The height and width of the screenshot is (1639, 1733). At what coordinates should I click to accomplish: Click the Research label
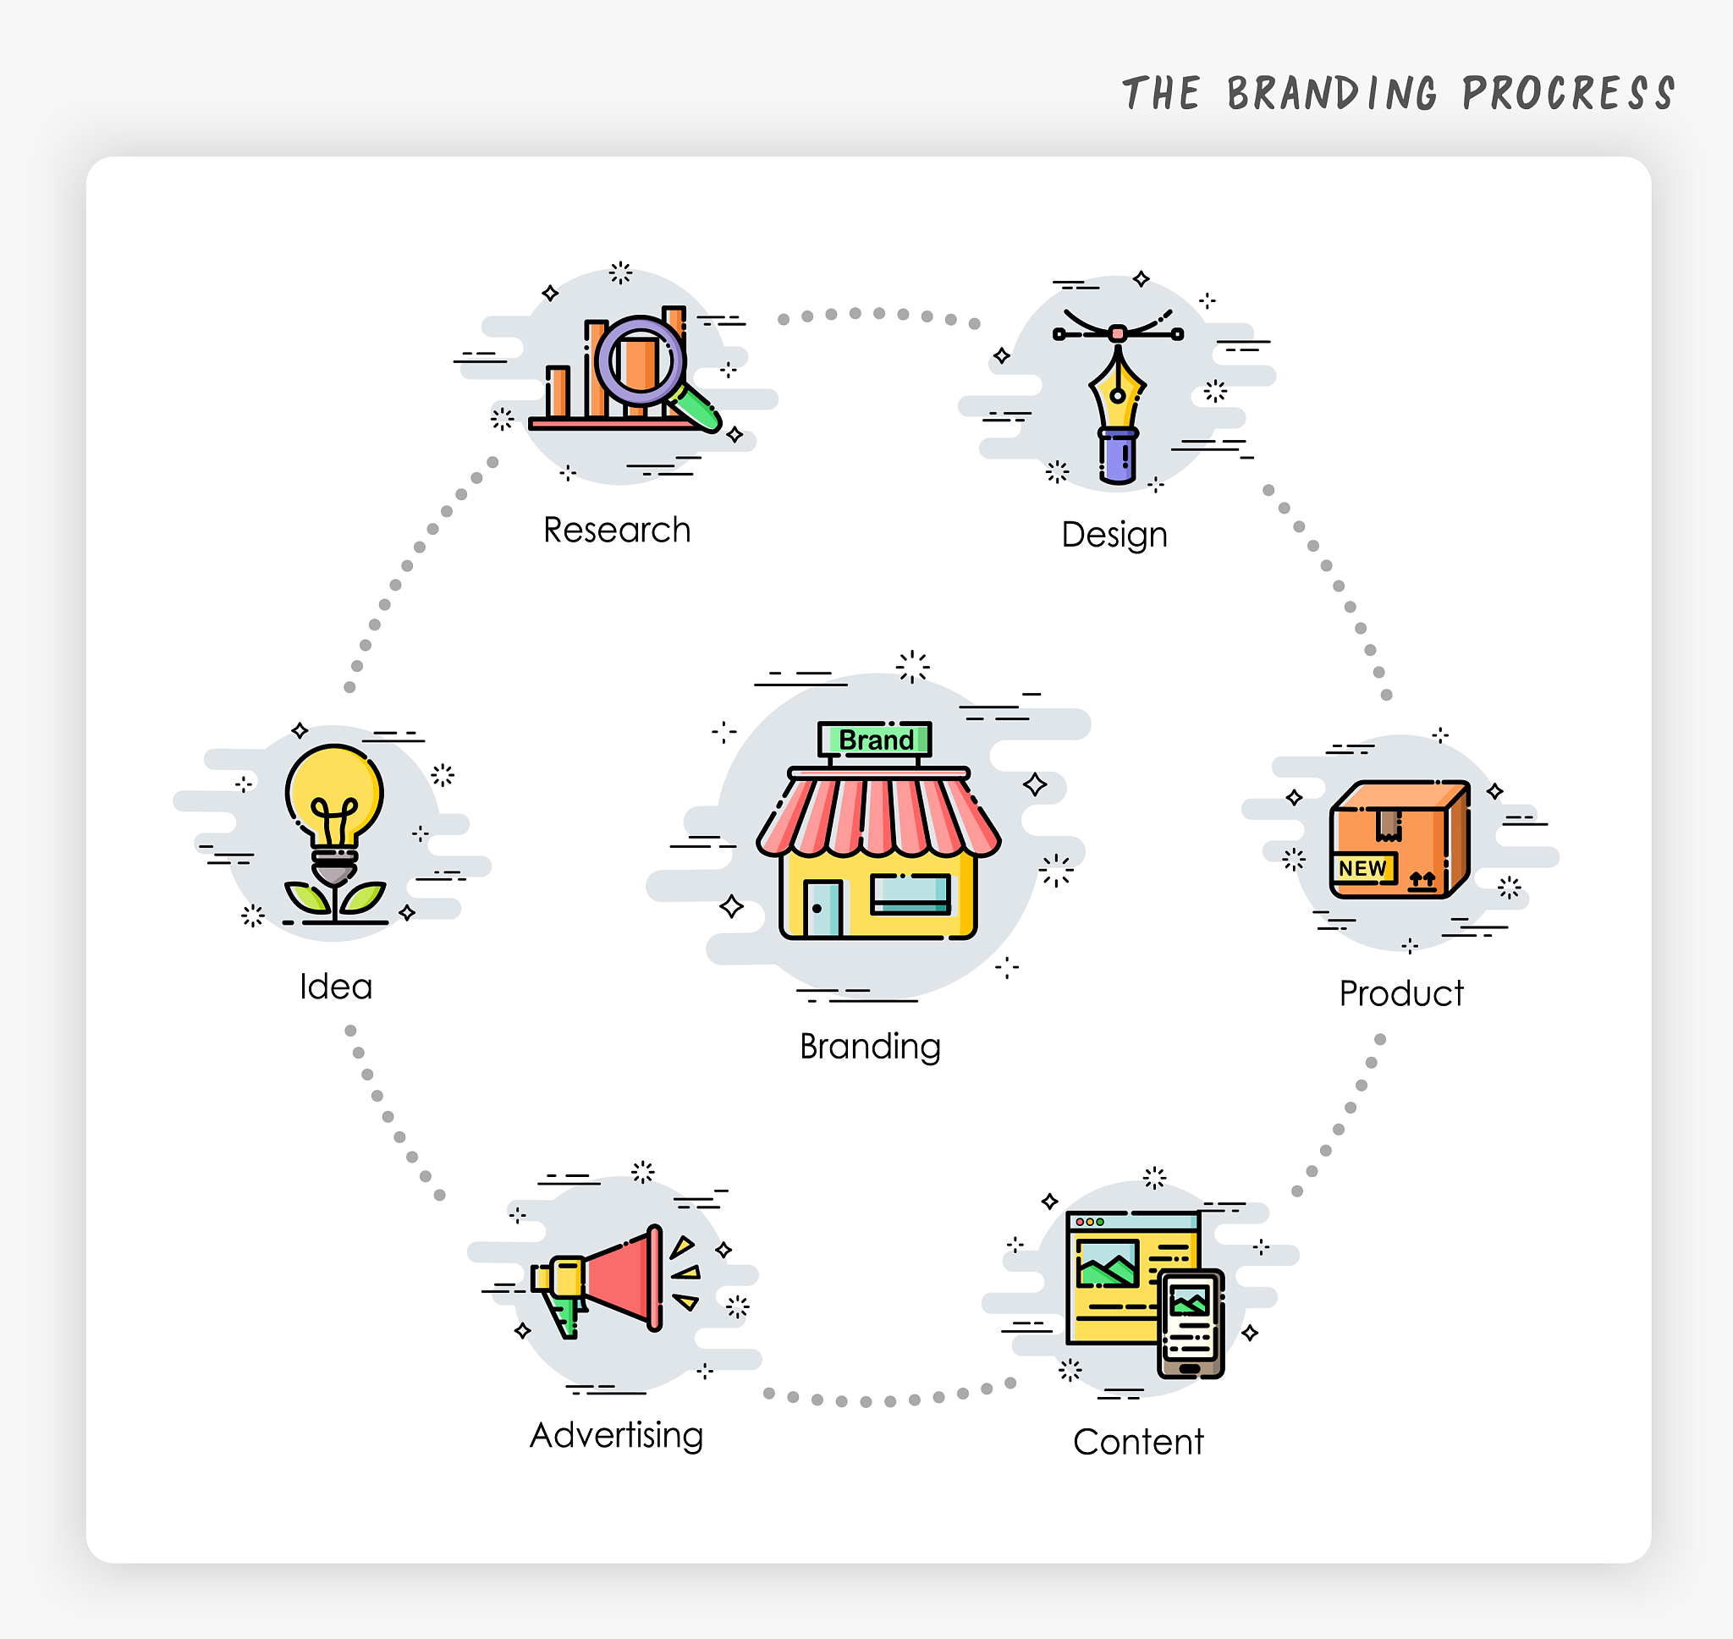click(x=617, y=531)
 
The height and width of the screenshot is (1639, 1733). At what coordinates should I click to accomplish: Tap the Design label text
click(x=1114, y=535)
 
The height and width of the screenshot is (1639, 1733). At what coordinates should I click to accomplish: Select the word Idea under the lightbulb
click(x=336, y=987)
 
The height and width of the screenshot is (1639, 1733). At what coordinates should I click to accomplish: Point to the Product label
click(x=1401, y=993)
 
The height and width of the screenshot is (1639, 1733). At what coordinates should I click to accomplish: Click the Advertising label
click(x=617, y=1435)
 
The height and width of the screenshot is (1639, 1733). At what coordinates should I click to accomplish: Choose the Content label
click(x=1138, y=1442)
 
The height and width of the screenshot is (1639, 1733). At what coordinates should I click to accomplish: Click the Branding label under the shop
click(x=870, y=1047)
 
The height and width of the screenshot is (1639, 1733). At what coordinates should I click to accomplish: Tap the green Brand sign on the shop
click(x=875, y=740)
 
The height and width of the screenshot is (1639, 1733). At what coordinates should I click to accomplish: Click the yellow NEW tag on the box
click(x=1362, y=868)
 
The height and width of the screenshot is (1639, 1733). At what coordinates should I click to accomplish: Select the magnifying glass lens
click(x=641, y=360)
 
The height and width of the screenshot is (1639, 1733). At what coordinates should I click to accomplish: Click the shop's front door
click(x=822, y=909)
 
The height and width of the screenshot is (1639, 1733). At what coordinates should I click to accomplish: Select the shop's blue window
click(x=911, y=894)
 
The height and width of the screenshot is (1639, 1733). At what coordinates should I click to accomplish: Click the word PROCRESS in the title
click(x=1569, y=93)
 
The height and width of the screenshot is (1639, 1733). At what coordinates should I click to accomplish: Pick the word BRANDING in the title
click(x=1332, y=93)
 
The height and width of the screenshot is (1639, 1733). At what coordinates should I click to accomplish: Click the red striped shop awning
click(x=878, y=814)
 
